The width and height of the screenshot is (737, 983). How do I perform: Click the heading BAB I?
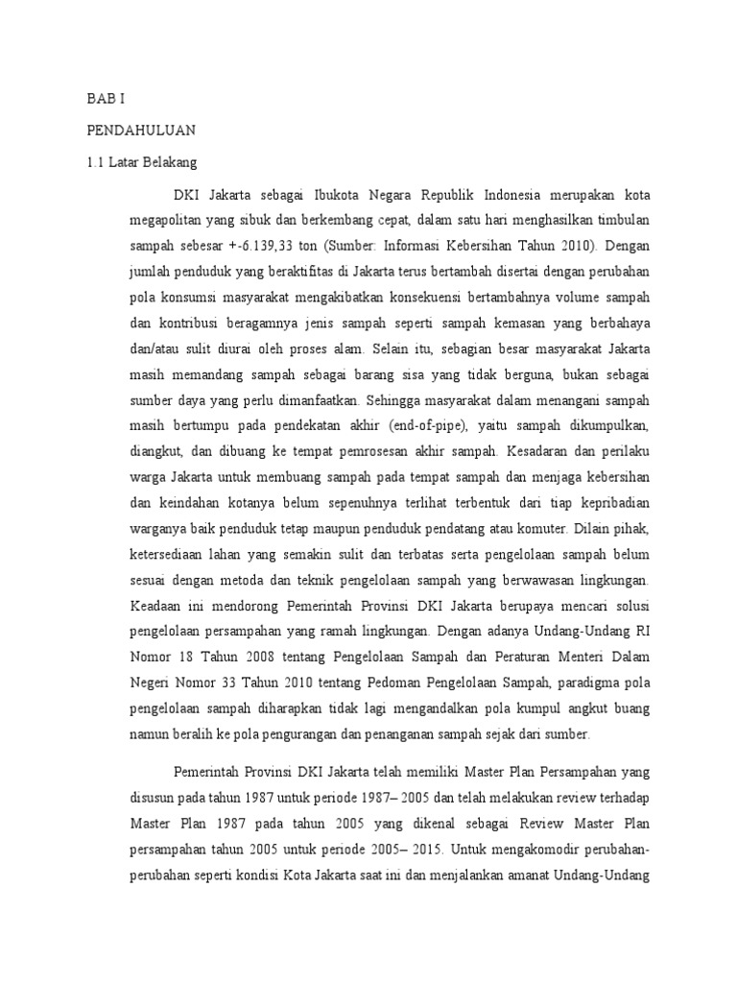click(105, 99)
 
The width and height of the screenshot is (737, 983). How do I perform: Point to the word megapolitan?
click(169, 218)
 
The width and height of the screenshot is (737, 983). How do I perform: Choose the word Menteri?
click(556, 659)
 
